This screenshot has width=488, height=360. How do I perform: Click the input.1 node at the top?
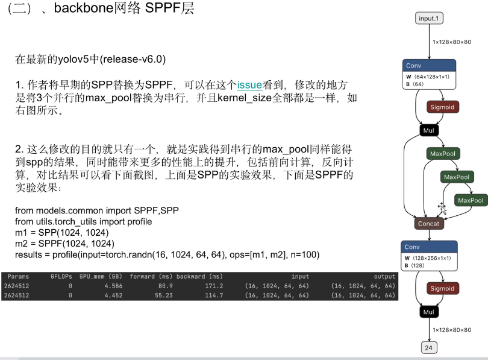coord(430,19)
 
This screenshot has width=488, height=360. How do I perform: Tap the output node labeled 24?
coord(430,347)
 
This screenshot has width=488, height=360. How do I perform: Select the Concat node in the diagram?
coord(429,223)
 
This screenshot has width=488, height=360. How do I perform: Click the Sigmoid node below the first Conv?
coord(443,107)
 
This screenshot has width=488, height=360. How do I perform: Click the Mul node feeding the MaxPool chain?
coord(429,130)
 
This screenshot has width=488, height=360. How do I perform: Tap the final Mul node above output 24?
coord(429,312)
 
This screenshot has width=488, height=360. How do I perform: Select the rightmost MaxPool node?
coord(471,200)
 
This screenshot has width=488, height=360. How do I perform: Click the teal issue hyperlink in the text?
coord(249,85)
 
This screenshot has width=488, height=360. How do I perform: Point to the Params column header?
coord(18,276)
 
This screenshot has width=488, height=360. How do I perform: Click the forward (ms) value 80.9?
coord(165,286)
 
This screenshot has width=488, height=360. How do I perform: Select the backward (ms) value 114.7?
coord(213,295)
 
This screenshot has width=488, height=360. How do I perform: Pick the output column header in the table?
coord(384,276)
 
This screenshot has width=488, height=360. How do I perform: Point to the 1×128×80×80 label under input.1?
coord(451,42)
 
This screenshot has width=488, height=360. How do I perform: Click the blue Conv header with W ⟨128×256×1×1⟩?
coord(429,247)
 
